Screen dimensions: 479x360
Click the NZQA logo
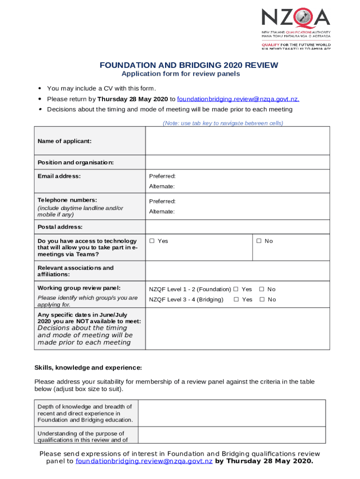[295, 28]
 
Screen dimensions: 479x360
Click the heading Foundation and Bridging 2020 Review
[188, 65]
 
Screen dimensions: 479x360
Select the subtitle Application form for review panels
[180, 74]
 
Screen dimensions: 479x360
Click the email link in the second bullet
[238, 99]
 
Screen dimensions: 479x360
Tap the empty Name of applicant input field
[238, 141]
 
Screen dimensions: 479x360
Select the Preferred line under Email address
[162, 176]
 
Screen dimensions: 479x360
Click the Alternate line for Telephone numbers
[162, 211]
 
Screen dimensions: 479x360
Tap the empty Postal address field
[238, 227]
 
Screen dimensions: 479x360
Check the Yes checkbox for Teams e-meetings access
[152, 241]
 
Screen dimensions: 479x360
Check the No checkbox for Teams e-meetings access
[259, 241]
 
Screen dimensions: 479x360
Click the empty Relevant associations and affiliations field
[238, 271]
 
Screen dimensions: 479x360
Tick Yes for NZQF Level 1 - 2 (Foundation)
[236, 289]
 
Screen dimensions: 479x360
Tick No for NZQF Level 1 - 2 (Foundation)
[262, 289]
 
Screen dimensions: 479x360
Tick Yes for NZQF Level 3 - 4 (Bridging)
[236, 299]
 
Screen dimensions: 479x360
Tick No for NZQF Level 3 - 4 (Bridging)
[262, 299]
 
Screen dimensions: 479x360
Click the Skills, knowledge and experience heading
[88, 367]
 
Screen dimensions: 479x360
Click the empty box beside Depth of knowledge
[232, 413]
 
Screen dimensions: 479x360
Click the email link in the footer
[144, 461]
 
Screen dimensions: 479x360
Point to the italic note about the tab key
[223, 123]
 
